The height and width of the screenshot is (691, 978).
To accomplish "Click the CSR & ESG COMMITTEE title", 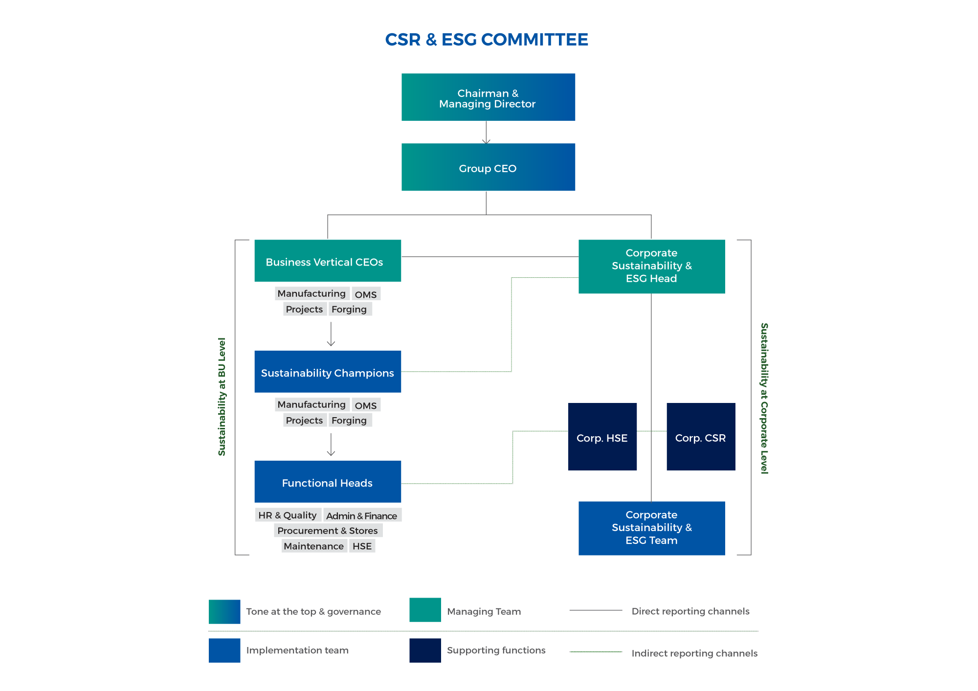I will tap(487, 40).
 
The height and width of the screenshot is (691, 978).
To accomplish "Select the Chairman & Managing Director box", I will tap(488, 97).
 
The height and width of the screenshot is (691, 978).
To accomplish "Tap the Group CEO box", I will tap(488, 167).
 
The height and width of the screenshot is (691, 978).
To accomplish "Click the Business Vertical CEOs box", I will tap(328, 261).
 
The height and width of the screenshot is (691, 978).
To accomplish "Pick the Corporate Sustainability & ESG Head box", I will tap(651, 267).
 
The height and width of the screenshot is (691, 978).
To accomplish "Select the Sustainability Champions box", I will tap(328, 372).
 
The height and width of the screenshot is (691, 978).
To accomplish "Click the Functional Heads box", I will tap(328, 482).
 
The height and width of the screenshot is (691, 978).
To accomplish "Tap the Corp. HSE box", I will tap(602, 437).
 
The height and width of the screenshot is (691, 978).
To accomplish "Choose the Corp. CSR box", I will tap(700, 437).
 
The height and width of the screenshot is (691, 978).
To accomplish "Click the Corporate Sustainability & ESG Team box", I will tap(651, 528).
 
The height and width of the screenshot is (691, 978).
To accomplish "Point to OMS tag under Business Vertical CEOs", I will tap(366, 294).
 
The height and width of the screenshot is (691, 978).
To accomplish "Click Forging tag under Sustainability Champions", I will tap(349, 420).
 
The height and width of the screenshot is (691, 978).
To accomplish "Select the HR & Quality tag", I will tap(288, 515).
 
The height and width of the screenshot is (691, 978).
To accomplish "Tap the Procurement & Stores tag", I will tap(328, 531).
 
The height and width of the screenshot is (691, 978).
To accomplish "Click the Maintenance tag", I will tap(314, 546).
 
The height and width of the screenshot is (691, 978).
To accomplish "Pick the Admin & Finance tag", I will tap(362, 515).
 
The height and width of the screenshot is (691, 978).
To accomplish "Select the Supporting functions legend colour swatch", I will tap(425, 650).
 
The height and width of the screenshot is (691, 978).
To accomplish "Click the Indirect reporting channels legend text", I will tap(694, 653).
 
